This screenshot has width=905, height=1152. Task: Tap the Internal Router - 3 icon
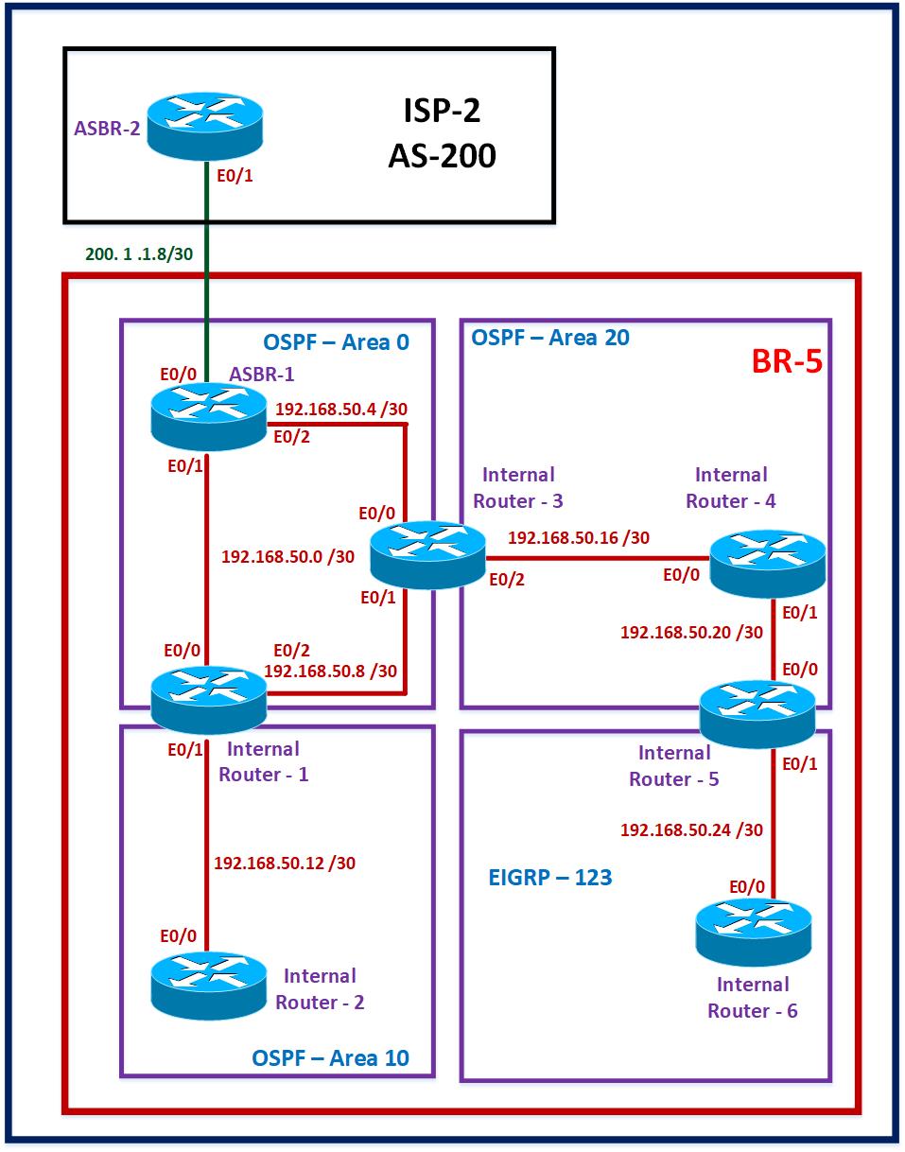pyautogui.click(x=426, y=555)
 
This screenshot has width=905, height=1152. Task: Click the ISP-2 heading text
pyautogui.click(x=437, y=111)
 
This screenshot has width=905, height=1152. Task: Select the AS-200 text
pyautogui.click(x=441, y=155)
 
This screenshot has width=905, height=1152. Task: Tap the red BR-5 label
pyautogui.click(x=785, y=362)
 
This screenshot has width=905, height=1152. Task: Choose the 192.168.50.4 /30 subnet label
pyautogui.click(x=340, y=410)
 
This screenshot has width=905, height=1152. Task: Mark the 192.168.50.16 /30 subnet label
pyautogui.click(x=579, y=538)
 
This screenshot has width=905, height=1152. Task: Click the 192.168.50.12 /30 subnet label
pyautogui.click(x=285, y=863)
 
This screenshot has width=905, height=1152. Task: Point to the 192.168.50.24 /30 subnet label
pyautogui.click(x=691, y=829)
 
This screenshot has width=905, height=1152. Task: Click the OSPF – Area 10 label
pyautogui.click(x=330, y=1056)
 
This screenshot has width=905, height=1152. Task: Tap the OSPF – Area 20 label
pyautogui.click(x=549, y=337)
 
